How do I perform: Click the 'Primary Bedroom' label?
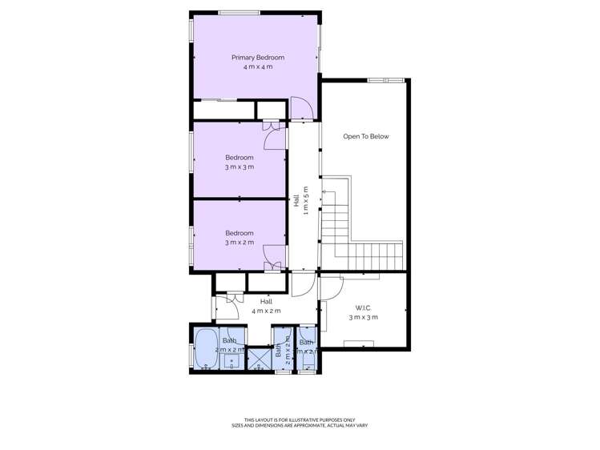(x=258, y=58)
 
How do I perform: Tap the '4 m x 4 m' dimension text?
(x=258, y=67)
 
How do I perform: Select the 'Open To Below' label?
(x=365, y=137)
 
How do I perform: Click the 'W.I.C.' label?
(x=363, y=308)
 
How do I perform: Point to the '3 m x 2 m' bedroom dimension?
(x=239, y=243)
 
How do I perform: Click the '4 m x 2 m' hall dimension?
(x=267, y=311)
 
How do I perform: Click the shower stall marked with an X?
(x=258, y=359)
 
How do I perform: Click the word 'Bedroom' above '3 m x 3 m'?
(x=239, y=157)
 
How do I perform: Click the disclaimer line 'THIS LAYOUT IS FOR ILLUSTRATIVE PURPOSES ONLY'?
(x=300, y=420)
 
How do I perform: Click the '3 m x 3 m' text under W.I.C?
(x=363, y=318)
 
